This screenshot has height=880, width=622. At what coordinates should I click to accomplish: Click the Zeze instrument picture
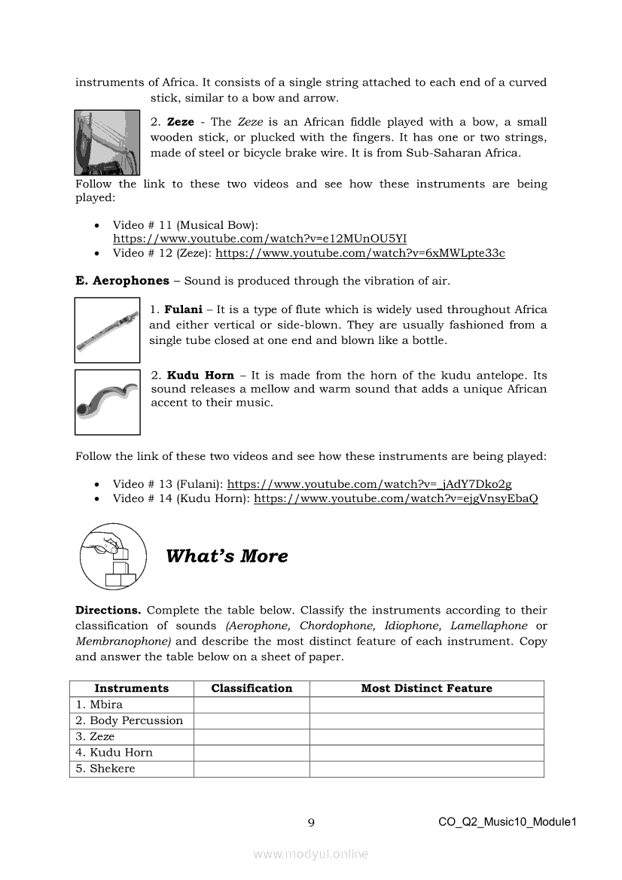[x=107, y=142]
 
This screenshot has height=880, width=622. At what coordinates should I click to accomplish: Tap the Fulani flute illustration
[x=107, y=330]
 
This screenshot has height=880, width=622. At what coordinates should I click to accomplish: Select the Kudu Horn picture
[x=107, y=402]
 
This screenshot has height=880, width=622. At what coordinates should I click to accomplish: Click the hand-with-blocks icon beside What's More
[x=112, y=556]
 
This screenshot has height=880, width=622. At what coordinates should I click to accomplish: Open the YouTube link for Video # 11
[x=260, y=239]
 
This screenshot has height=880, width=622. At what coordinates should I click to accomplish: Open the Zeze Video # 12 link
[x=360, y=253]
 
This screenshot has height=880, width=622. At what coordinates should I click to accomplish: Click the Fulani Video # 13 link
[x=369, y=484]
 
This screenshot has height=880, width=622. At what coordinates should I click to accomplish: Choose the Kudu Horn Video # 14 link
[x=395, y=498]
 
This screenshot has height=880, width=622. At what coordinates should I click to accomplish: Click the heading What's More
[x=227, y=556]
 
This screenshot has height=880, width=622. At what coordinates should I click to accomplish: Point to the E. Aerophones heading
[x=122, y=281]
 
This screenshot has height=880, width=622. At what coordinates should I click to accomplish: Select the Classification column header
[x=252, y=688]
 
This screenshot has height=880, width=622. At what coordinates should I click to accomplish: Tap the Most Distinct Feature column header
[x=426, y=688]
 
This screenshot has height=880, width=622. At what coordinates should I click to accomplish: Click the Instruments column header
[x=131, y=688]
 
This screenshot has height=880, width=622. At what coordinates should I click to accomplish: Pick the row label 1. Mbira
[x=99, y=705]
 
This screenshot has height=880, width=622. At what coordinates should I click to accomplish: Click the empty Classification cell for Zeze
[x=252, y=736]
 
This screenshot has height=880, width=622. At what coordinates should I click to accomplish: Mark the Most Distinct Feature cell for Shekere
[x=426, y=769]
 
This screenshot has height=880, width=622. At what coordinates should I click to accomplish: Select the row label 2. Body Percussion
[x=129, y=720]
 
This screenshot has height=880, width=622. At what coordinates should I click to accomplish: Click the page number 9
[x=311, y=823]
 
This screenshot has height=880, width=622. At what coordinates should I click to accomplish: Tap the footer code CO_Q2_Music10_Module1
[x=507, y=822]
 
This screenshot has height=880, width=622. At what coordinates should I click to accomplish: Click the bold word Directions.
[x=108, y=610]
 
